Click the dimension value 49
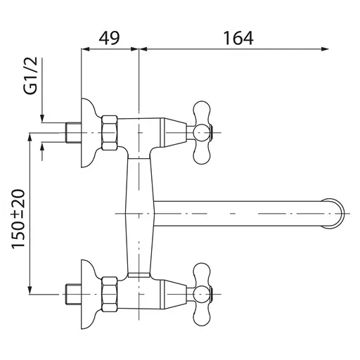(x=109, y=38)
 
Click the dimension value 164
(x=238, y=38)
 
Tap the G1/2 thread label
(x=31, y=75)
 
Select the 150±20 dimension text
(x=18, y=219)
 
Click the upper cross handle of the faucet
(x=202, y=133)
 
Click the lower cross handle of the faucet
(x=202, y=294)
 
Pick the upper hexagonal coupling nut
(x=110, y=133)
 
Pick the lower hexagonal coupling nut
(x=110, y=294)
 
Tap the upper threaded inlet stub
(x=73, y=133)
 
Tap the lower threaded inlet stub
(x=73, y=294)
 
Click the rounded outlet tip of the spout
(x=334, y=214)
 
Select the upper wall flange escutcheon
(x=89, y=133)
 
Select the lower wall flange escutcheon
(x=89, y=294)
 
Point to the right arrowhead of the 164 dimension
(x=326, y=49)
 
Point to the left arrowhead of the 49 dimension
(x=85, y=49)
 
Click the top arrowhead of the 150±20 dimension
(x=30, y=138)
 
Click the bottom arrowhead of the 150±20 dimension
(x=30, y=290)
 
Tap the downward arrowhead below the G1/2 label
(x=42, y=118)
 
